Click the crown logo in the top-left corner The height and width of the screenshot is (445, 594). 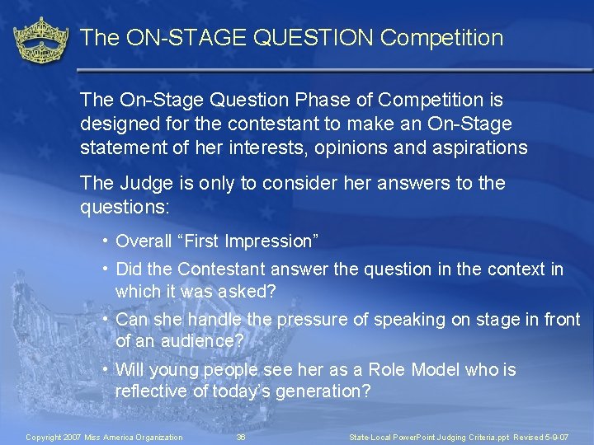point(40,40)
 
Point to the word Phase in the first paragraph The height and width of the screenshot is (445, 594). point(315,101)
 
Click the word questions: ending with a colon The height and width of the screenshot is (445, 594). point(125,207)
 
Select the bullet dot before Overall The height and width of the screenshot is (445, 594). point(107,241)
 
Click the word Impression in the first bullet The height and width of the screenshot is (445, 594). point(268,241)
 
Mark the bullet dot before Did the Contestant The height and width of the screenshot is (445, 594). point(107,269)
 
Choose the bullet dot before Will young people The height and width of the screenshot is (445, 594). point(107,370)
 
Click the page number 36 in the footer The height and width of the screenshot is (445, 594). point(241,437)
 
